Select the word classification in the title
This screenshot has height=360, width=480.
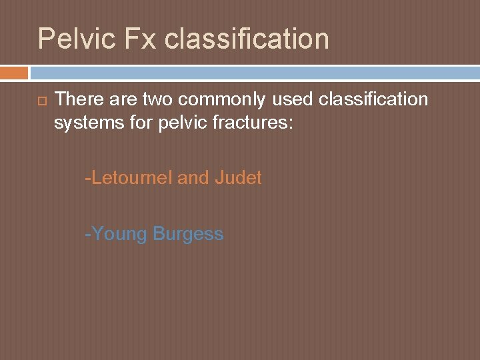click(x=247, y=39)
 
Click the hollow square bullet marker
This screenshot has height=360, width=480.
click(x=41, y=100)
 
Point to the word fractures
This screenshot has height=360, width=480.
click(x=256, y=123)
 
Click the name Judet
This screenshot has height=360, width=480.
click(x=238, y=178)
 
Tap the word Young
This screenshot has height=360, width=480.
click(x=120, y=235)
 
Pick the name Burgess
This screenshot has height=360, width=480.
click(x=188, y=235)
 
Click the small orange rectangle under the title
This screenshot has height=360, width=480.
click(x=14, y=72)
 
